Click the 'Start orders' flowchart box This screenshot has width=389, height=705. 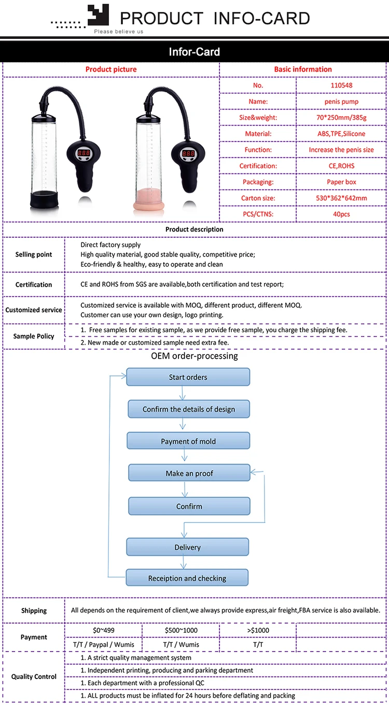coord(188,377)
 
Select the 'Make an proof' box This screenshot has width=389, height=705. coord(189,473)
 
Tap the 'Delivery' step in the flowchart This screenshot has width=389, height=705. coord(188,547)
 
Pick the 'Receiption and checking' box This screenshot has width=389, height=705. coord(187,578)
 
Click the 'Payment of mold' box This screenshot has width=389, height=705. coord(188,441)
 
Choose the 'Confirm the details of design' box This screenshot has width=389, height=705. coord(189,409)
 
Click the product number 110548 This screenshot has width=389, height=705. coord(341,85)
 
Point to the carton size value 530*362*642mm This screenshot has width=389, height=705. coord(341,198)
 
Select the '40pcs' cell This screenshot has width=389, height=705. coord(341,214)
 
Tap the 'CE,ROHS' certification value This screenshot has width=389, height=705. coord(341,166)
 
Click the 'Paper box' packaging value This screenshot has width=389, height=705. coord(341,182)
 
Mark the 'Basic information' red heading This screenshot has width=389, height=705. coord(303,70)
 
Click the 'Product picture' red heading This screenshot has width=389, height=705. coord(111,70)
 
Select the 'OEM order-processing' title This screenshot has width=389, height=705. coord(195,356)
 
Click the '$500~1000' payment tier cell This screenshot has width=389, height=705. coord(180,630)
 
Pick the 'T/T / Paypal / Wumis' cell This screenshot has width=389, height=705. coord(103,644)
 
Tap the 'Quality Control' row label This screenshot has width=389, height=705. coord(34,676)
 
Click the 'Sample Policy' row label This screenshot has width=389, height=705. coord(34,336)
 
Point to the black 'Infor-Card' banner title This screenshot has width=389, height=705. coord(195,52)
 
